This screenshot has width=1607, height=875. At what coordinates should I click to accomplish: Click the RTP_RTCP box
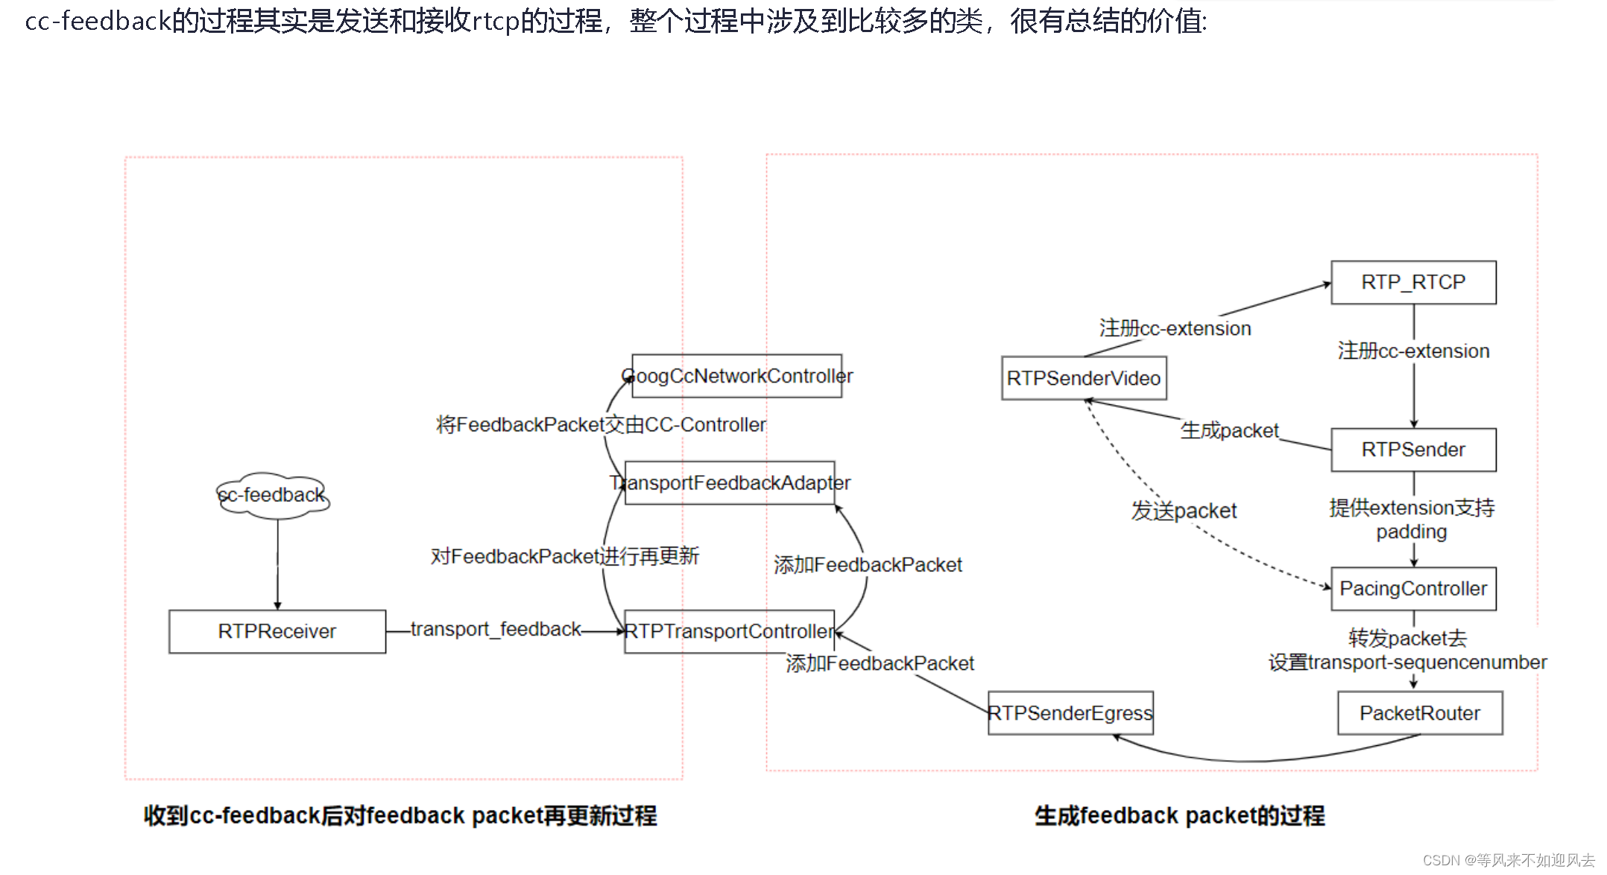click(x=1413, y=283)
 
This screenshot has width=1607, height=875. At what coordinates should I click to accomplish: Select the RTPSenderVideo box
click(x=1084, y=378)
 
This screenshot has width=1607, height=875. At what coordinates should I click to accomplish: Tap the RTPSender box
click(x=1413, y=450)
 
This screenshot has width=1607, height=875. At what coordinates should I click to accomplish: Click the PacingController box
click(x=1413, y=589)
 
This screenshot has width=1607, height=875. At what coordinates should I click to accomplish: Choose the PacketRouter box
click(x=1419, y=713)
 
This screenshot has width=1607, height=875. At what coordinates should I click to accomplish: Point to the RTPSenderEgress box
click(x=1070, y=713)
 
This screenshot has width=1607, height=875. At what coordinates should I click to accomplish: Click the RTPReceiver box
click(x=277, y=632)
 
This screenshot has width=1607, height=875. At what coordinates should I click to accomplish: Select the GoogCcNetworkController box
click(x=736, y=376)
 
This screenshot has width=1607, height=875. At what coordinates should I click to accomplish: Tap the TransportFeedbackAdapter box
click(x=730, y=483)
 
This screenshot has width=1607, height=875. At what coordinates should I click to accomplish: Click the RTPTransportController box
click(x=729, y=632)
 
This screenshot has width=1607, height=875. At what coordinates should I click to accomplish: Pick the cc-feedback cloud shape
click(x=273, y=495)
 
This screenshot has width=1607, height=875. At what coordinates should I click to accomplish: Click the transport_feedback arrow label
click(x=496, y=630)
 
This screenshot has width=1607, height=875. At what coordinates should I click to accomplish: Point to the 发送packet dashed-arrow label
click(x=1184, y=511)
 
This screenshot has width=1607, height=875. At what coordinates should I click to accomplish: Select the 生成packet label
click(x=1229, y=430)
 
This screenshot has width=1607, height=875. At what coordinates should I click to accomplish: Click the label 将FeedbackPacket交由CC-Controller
click(x=601, y=425)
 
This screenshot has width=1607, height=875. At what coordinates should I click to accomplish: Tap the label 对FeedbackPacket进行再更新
click(x=564, y=556)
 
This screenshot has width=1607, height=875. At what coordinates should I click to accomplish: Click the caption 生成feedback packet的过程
click(x=1179, y=816)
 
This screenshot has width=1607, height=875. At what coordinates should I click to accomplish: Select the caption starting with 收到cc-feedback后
click(x=400, y=816)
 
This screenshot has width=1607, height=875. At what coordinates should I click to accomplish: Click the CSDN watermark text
click(x=1508, y=860)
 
